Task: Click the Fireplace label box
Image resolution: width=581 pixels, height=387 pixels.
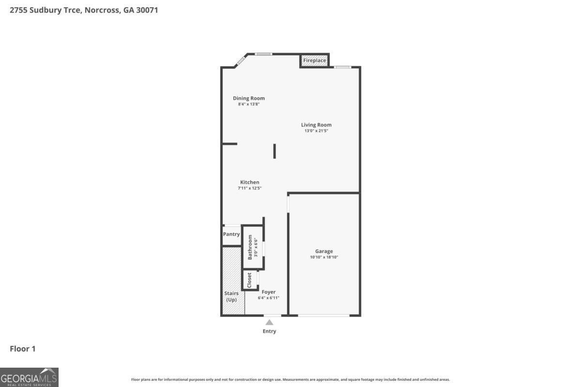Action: coord(314,60)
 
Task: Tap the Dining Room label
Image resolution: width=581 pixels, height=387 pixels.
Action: coord(249,98)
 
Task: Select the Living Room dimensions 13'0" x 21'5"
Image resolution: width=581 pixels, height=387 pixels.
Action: coord(316,131)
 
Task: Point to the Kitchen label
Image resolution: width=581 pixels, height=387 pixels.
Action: coord(250,182)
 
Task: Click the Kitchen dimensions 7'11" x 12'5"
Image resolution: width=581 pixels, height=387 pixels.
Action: coord(250,188)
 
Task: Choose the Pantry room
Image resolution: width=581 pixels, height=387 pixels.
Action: coord(231,235)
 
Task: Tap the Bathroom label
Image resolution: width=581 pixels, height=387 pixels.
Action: coord(250,247)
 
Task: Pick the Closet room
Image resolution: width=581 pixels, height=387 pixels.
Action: coord(249,280)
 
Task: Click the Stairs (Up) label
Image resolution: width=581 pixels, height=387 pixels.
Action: coord(231,297)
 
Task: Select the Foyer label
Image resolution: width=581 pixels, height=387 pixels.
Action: coord(269,292)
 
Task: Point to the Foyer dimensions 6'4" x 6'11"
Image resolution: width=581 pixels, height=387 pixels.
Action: coord(269,298)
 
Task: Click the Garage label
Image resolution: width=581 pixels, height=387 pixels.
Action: coord(324,251)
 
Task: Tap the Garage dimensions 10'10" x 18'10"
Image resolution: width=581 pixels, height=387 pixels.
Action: coord(324,257)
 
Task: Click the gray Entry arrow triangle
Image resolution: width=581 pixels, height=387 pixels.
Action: coord(269,323)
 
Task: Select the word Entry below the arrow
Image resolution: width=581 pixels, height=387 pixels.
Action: coord(269,331)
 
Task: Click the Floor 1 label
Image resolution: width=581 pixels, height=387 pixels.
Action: coord(23,348)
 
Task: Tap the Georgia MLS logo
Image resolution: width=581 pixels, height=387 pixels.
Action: coord(29,377)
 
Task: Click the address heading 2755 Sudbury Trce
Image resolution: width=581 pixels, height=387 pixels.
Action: coord(84,10)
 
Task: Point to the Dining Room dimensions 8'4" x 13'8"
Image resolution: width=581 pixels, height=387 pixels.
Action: coord(249,104)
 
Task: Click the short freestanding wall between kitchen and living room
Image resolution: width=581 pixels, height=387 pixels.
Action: coord(275,151)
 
